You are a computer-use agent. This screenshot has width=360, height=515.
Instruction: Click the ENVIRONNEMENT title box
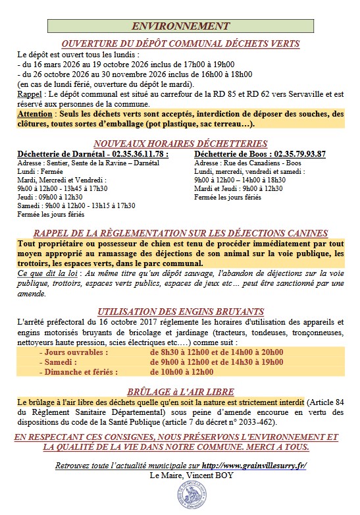click(180, 26)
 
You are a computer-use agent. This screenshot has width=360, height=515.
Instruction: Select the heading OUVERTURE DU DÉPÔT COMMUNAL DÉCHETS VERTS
click(180, 44)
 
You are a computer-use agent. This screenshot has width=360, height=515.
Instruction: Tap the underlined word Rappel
click(28, 94)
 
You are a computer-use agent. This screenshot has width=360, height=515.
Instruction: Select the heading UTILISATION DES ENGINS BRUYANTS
click(180, 311)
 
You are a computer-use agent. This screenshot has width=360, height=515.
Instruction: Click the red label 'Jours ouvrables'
click(74, 352)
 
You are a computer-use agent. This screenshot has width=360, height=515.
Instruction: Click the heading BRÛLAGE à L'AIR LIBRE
click(180, 390)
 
